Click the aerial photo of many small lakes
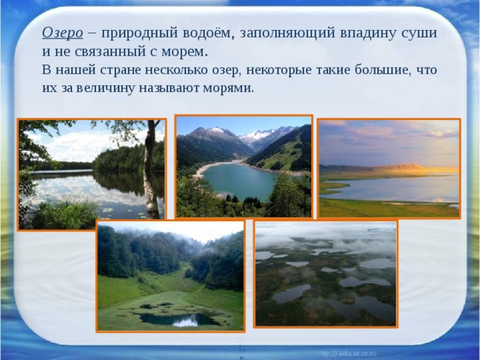point(325,273)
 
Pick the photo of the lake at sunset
point(388,168)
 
